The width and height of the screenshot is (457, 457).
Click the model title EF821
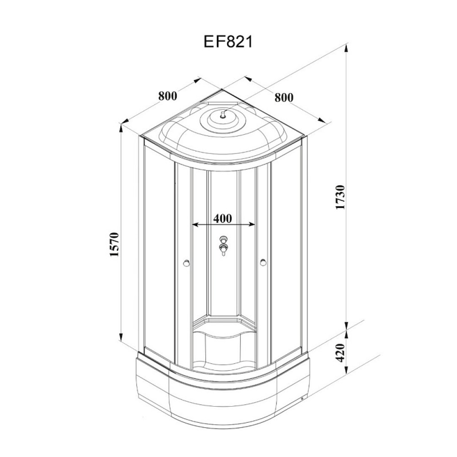(228, 42)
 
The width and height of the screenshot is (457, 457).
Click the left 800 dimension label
(168, 96)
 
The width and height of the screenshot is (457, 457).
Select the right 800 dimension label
(284, 97)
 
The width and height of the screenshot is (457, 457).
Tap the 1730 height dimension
(340, 197)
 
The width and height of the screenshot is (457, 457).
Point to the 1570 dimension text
(114, 244)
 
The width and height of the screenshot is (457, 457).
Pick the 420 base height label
(340, 353)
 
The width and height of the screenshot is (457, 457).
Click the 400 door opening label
(223, 218)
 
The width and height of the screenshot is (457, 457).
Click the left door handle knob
(186, 263)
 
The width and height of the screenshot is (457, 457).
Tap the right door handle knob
(263, 262)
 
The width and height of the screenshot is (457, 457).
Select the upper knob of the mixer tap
(224, 239)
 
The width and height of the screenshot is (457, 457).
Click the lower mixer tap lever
(224, 250)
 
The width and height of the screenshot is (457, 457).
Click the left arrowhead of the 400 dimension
(196, 224)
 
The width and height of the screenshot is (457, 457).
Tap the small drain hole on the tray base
(302, 399)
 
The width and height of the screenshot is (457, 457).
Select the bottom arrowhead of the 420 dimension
(346, 371)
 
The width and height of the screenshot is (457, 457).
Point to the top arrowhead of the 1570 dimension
(120, 128)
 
